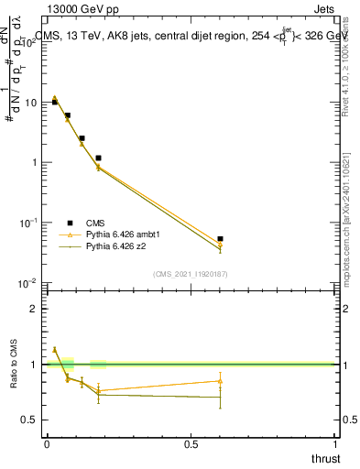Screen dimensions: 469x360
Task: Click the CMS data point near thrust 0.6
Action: point(220,239)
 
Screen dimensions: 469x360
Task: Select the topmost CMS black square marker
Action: point(55,102)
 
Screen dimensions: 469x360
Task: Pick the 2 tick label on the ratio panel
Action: point(37,309)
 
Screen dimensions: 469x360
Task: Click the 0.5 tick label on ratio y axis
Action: point(33,420)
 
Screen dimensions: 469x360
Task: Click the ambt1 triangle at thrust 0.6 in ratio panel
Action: point(220,381)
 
